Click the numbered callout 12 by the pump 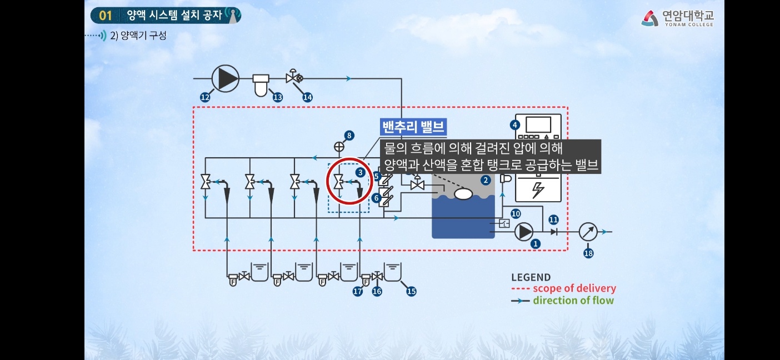205,97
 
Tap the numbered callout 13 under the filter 277,97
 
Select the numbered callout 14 307,97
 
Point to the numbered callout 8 348,135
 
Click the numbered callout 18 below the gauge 588,253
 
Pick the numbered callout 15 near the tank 411,291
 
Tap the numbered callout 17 358,291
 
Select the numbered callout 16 377,291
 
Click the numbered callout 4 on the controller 516,124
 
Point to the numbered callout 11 553,219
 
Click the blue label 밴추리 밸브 414,127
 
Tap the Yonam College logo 678,18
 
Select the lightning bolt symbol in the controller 538,190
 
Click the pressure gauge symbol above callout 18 588,232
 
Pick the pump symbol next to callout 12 225,78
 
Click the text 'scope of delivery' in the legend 574,288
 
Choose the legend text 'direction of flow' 573,301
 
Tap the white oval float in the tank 463,194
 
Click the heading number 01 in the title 106,16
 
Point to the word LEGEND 531,277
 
